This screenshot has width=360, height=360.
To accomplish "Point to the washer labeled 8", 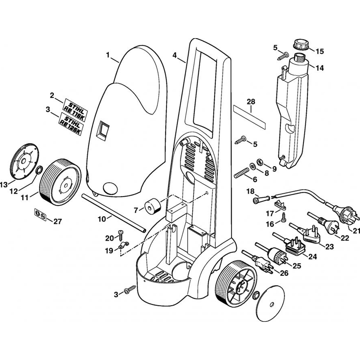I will [253, 165].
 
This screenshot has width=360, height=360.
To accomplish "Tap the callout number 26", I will [284, 273].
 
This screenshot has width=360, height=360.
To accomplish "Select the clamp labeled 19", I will [122, 247].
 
